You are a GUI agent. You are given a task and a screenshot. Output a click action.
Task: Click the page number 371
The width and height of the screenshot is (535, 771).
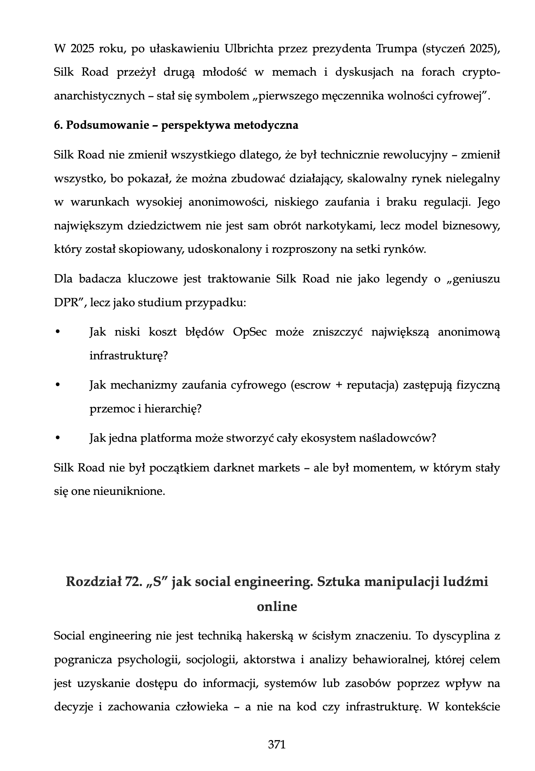[277, 744]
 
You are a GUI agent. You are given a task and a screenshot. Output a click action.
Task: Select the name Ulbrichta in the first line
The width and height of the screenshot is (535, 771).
[249, 49]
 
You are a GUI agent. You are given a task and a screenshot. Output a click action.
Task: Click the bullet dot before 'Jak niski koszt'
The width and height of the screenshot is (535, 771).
[57, 332]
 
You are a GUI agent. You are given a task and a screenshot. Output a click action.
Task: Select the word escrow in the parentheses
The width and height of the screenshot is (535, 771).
[311, 385]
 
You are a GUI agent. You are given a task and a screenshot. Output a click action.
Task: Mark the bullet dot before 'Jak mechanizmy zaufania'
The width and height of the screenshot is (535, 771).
[57, 385]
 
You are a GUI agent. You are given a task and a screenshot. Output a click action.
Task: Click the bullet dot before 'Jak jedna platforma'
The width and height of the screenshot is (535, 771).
[57, 438]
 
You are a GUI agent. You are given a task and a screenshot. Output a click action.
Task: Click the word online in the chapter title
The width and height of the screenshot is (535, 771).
[277, 607]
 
